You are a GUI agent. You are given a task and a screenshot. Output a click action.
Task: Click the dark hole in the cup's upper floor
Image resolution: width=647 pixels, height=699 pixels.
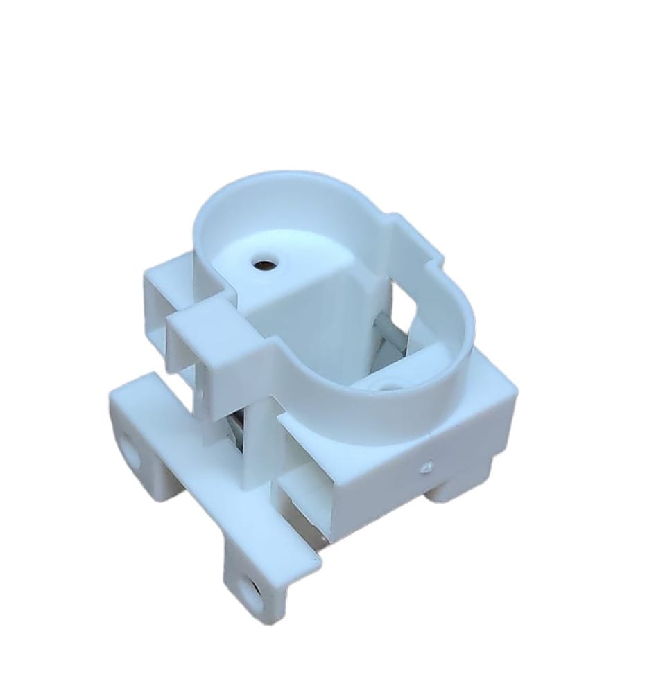click(264, 264)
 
